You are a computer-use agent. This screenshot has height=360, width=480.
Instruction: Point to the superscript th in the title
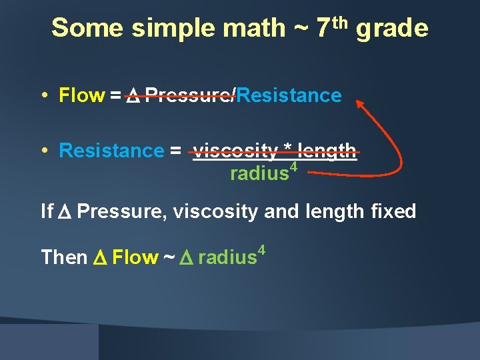(x=339, y=23)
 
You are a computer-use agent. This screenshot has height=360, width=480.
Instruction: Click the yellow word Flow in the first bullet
(x=81, y=96)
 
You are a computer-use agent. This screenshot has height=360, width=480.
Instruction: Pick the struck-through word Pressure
(x=189, y=96)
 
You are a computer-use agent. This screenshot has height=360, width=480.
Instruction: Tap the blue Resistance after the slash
(x=289, y=96)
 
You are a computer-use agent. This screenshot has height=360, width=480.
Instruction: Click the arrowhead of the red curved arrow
(x=359, y=104)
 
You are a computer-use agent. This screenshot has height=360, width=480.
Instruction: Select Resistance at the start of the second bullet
(x=111, y=151)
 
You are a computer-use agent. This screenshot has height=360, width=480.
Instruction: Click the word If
(x=47, y=212)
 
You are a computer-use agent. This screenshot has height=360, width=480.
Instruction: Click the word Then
(x=64, y=257)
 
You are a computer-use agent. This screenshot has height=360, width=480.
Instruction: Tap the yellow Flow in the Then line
(x=135, y=257)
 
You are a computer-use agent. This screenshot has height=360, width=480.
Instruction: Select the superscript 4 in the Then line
(x=262, y=251)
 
